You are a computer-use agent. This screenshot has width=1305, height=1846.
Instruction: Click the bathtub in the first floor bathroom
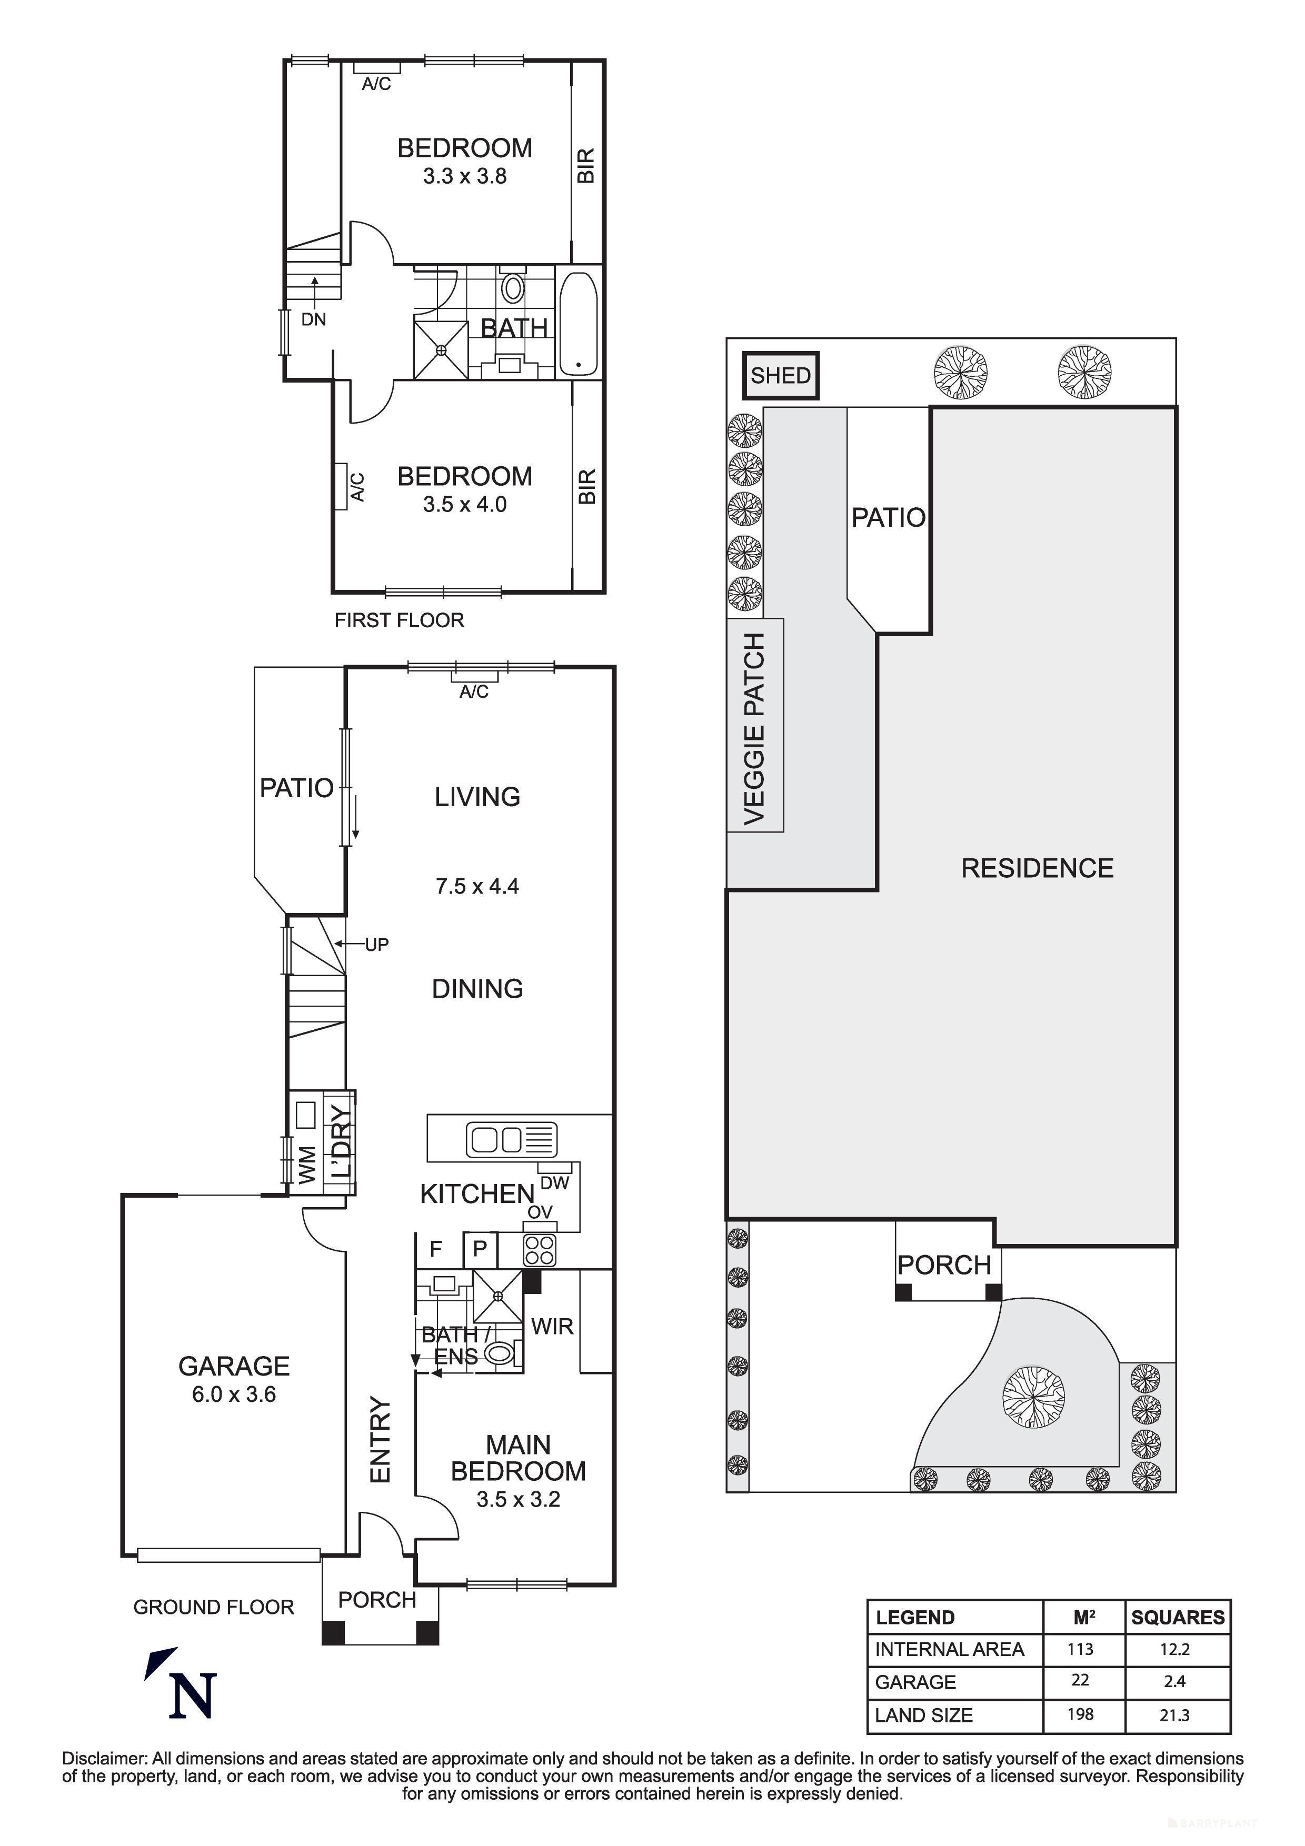coord(578,324)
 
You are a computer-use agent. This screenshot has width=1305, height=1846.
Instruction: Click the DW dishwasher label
coord(555,1183)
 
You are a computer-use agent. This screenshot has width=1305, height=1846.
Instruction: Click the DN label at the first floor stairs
coord(314,319)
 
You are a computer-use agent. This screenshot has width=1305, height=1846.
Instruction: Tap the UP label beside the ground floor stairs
coord(376,945)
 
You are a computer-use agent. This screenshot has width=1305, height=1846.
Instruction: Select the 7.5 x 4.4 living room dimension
coord(477,886)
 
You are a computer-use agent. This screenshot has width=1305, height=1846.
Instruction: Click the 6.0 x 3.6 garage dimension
coord(233,1394)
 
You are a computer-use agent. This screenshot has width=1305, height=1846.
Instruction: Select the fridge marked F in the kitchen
coord(436,1249)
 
